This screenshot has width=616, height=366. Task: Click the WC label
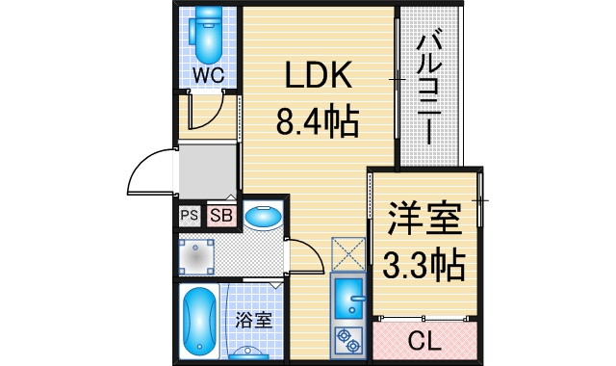tap(208, 75)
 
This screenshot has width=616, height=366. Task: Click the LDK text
tap(319, 75)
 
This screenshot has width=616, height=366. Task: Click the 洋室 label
tap(424, 219)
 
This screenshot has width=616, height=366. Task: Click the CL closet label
tap(424, 341)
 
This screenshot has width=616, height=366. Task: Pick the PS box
tap(190, 216)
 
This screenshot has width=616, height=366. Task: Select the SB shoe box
tap(221, 216)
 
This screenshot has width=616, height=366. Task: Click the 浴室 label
tap(254, 321)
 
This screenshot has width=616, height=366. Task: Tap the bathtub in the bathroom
tap(199, 321)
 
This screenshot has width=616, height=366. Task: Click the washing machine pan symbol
tap(196, 257)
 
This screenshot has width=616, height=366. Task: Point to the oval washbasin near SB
tap(263, 217)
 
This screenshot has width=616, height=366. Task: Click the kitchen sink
tap(348, 299)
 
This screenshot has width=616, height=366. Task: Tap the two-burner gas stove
tap(348, 340)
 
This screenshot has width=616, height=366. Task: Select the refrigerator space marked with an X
tap(348, 253)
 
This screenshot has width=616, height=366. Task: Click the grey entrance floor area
tap(208, 172)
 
